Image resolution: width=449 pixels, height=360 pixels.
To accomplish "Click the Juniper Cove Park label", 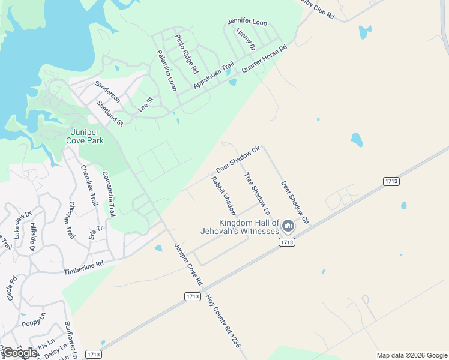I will (x=88, y=136).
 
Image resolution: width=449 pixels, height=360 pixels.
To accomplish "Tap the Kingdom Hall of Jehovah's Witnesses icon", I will (x=288, y=226).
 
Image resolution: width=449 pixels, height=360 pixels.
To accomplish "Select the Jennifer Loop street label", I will (x=247, y=22).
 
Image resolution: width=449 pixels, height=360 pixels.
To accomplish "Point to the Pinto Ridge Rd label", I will (x=186, y=53).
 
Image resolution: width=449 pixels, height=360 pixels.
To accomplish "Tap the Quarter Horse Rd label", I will (x=264, y=59).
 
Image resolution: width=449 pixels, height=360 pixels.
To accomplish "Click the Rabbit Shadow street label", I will (x=223, y=196).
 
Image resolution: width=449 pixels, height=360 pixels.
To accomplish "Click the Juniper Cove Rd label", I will (x=188, y=264).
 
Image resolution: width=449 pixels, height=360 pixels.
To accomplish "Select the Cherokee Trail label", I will (x=89, y=185).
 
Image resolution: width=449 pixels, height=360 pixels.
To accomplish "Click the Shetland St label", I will (x=110, y=113).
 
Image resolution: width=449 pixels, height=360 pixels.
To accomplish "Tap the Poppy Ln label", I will (x=34, y=318).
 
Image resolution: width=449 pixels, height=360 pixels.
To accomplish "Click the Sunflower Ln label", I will (x=71, y=339).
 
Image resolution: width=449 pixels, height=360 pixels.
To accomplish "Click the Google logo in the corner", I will (x=20, y=353).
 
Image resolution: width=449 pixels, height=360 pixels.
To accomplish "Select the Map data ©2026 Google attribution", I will (x=411, y=355).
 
